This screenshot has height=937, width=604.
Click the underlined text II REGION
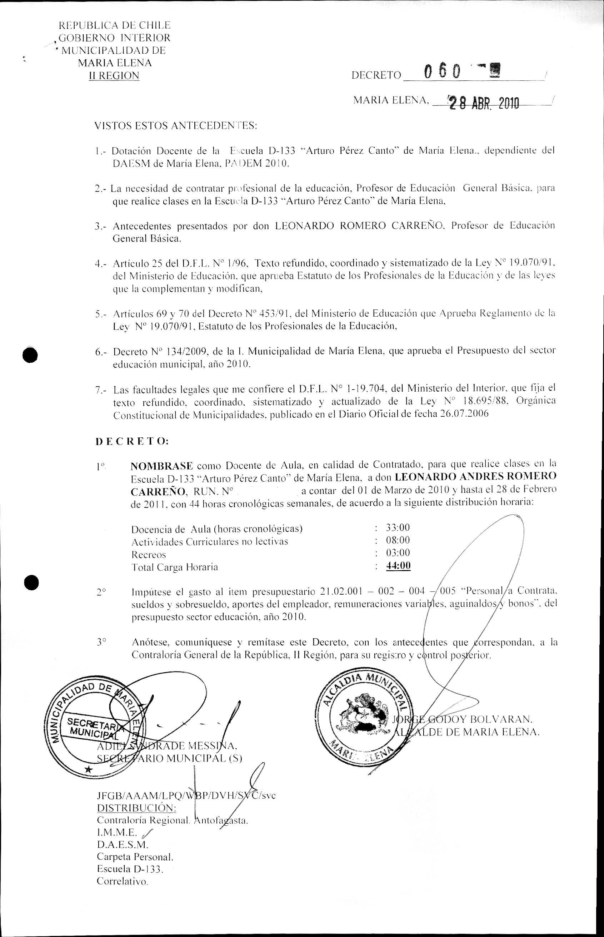[x=114, y=76]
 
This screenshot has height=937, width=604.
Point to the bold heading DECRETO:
[x=132, y=441]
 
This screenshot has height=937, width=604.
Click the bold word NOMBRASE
[x=161, y=466]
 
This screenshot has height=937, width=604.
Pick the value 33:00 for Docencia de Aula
[x=397, y=528]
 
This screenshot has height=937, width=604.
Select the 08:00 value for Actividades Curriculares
[x=397, y=540]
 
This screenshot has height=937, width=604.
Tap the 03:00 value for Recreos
[x=397, y=553]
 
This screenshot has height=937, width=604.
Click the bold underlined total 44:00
[x=398, y=565]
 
